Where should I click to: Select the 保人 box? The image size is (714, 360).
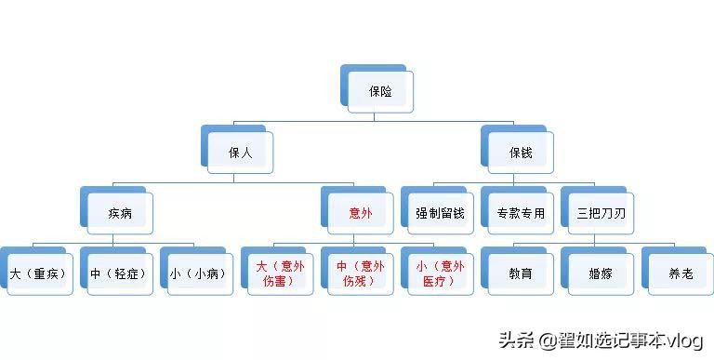point(241,153)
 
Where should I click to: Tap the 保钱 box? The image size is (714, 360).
point(521,153)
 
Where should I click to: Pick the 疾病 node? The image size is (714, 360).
point(120,213)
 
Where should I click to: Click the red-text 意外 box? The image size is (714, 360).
point(360,213)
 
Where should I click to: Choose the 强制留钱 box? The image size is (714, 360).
point(440,213)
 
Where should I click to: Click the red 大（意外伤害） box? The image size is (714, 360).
point(281,274)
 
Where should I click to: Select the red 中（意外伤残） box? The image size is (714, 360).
point(360,274)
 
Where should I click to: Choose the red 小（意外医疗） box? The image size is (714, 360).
point(440,274)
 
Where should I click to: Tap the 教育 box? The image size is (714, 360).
point(521,274)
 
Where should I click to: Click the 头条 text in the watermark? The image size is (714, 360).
point(517,340)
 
